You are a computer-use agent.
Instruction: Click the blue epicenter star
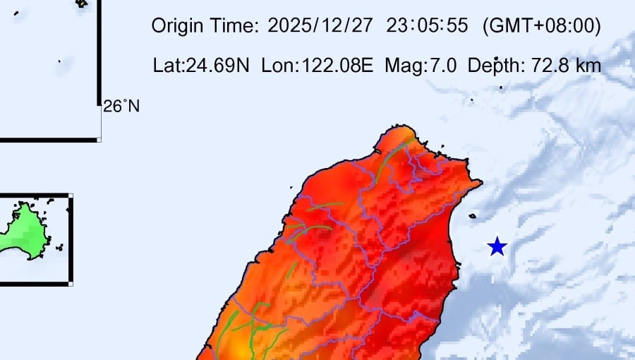[497, 246]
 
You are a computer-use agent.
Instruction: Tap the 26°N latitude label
[121, 107]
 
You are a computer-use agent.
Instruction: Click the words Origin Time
[205, 27]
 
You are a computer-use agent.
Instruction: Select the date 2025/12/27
[322, 27]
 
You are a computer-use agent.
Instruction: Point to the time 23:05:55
[427, 27]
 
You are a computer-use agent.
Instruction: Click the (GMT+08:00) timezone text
[541, 27]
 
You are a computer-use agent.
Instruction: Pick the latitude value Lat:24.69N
[201, 66]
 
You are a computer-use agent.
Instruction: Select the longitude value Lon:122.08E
[317, 66]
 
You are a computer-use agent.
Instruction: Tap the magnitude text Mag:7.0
[421, 66]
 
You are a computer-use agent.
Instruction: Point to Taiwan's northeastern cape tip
[480, 183]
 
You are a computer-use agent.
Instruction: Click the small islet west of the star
[472, 216]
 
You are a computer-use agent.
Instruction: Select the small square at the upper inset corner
[99, 139]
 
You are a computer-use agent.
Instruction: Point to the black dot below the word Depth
[501, 88]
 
